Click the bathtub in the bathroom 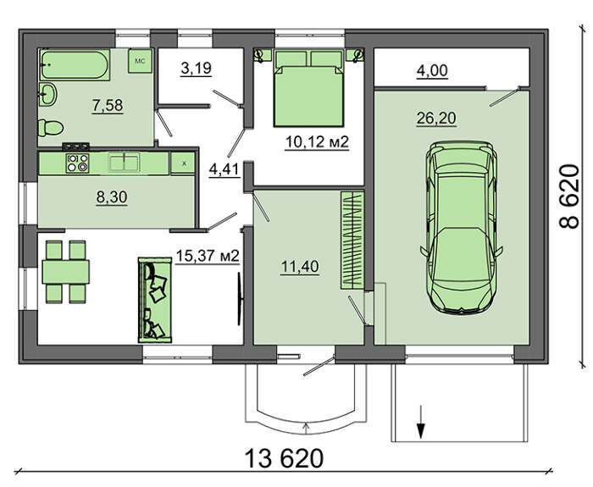tap(75, 64)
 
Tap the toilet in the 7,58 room tap(51, 128)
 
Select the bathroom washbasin tap(47, 94)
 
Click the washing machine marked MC tap(140, 61)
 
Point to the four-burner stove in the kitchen tap(77, 163)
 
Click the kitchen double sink tap(124, 163)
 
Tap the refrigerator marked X tap(183, 163)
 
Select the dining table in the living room tap(66, 272)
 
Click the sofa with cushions tap(155, 300)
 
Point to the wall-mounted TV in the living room tap(240, 299)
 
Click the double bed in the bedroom tap(309, 88)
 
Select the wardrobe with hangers tap(352, 241)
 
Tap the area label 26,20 tap(436, 119)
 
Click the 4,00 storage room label tap(432, 71)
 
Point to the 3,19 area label tap(196, 69)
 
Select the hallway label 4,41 tap(224, 169)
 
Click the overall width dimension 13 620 tap(284, 458)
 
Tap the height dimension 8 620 tap(569, 196)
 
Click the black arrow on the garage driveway tap(420, 422)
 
